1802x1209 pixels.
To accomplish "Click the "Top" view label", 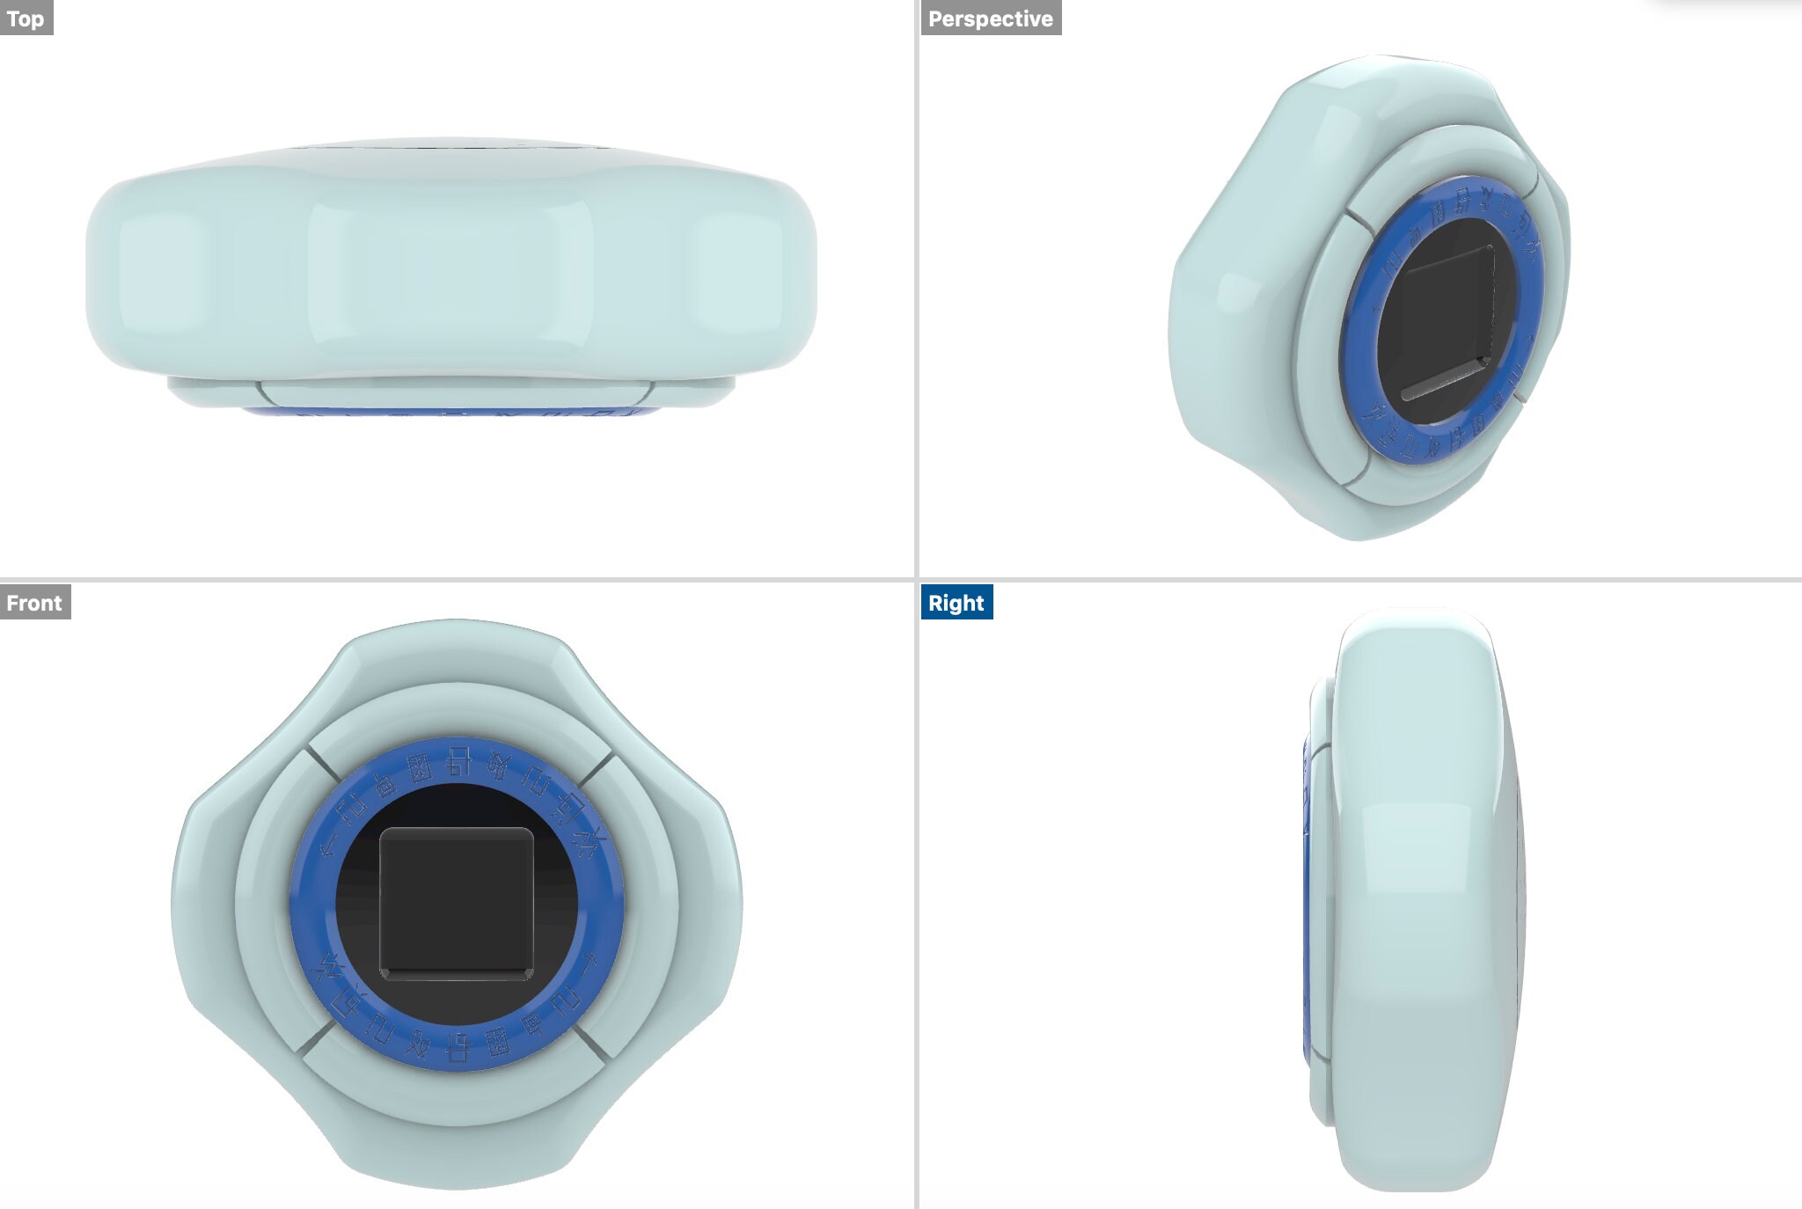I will [x=26, y=18].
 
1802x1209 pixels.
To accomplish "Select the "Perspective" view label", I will [x=990, y=18].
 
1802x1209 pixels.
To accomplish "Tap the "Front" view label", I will [x=34, y=603].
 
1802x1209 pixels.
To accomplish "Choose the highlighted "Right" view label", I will [x=956, y=603].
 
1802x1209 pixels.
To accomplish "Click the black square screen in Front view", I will [x=456, y=903].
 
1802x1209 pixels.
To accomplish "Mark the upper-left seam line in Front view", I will [x=322, y=765].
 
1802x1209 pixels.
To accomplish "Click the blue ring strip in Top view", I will [x=449, y=412].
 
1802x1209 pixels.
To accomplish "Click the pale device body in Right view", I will [x=1417, y=898].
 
